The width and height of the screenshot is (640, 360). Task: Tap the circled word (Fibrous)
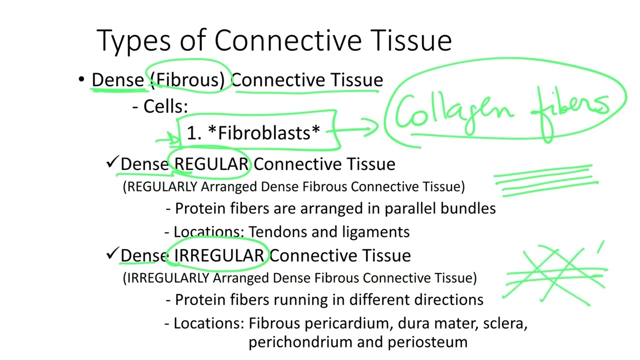point(187,80)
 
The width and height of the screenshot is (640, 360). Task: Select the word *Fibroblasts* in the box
point(263,133)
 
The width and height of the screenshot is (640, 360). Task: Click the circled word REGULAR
point(211,164)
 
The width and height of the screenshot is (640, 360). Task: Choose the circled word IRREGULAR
point(218,255)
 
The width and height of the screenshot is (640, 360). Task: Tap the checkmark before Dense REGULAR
point(111,162)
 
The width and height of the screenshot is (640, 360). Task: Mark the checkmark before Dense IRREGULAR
point(111,254)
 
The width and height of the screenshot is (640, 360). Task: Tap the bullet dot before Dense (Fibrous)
point(81,80)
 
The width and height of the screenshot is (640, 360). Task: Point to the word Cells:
point(165,106)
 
